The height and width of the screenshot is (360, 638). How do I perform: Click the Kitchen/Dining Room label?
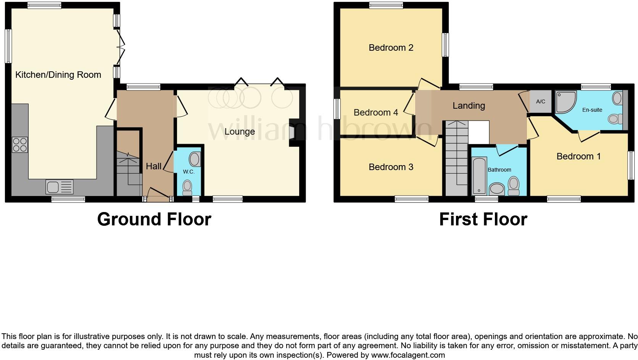click(58, 75)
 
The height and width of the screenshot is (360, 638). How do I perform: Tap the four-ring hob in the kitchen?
click(20, 145)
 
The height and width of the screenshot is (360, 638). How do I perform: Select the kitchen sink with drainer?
click(59, 187)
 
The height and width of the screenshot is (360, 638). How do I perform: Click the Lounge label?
click(239, 132)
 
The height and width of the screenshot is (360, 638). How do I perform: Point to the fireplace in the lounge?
click(293, 133)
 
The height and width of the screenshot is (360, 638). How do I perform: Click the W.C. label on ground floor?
click(188, 172)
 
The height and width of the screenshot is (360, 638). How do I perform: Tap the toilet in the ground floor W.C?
click(187, 187)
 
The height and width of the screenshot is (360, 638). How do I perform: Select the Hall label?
click(153, 166)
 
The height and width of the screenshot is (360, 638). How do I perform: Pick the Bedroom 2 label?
click(391, 48)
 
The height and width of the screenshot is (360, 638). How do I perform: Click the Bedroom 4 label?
click(375, 112)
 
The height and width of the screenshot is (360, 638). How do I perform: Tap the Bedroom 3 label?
click(391, 167)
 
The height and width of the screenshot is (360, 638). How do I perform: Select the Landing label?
click(469, 106)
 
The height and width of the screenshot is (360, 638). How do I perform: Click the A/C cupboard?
click(540, 102)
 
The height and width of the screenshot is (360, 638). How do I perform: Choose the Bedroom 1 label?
click(578, 156)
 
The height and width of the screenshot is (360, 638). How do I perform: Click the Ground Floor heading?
click(154, 219)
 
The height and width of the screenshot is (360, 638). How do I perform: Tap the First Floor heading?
click(483, 219)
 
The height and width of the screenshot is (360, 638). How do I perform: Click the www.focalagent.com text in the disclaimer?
click(408, 355)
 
